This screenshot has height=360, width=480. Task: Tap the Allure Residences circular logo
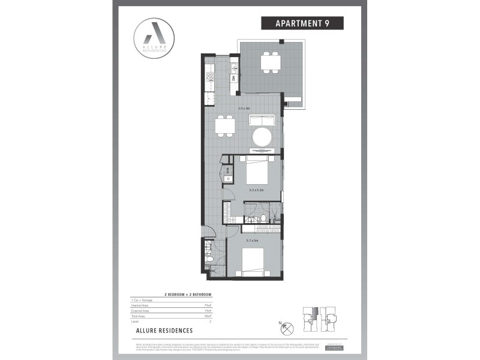pyautogui.click(x=155, y=37)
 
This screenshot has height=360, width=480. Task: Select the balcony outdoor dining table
pyautogui.click(x=269, y=62)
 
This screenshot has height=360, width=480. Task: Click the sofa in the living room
pyautogui.click(x=262, y=119)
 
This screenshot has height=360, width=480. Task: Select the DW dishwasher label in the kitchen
pyautogui.click(x=234, y=77)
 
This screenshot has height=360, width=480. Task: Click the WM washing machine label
pyautogui.click(x=229, y=170)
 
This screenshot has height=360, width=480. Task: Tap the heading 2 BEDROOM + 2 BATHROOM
pyautogui.click(x=188, y=295)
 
